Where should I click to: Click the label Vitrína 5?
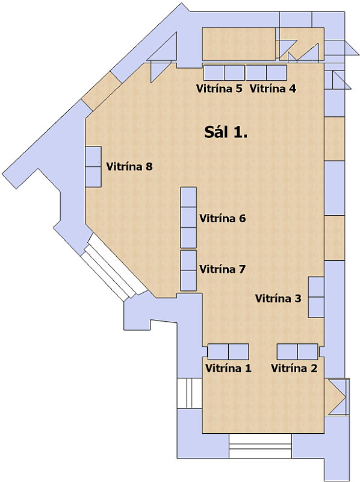tap(219, 89)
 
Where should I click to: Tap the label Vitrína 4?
tap(273, 89)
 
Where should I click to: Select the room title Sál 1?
tap(226, 132)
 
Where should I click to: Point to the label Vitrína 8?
tap(129, 167)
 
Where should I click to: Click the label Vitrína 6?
tap(223, 219)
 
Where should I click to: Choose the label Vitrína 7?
tap(223, 269)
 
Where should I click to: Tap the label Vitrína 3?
tap(278, 298)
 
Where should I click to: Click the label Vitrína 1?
tap(228, 368)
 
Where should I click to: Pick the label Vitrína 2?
tap(294, 368)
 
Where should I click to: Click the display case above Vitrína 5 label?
tap(224, 72)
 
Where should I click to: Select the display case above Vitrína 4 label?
tap(266, 72)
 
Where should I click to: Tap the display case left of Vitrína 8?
tap(93, 167)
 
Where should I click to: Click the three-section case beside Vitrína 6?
tap(188, 218)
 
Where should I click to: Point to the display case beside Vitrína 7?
tap(188, 271)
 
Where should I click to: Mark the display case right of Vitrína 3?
tap(316, 297)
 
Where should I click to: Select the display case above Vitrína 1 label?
tap(228, 352)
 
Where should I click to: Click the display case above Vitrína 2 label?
tap(297, 352)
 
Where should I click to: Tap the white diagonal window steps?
tap(114, 268)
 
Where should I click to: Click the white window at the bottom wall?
tap(261, 446)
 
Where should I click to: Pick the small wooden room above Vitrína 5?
tap(238, 43)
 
